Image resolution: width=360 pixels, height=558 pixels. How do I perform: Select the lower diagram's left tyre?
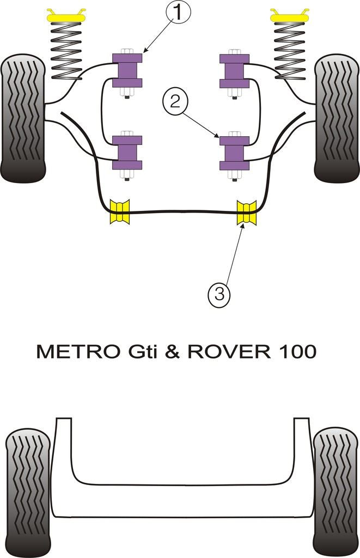[27, 490]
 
